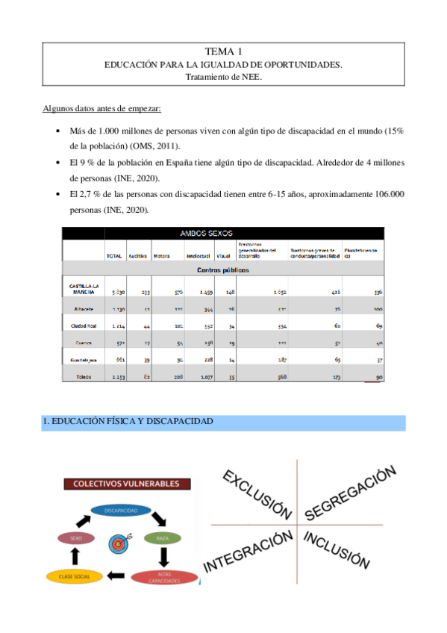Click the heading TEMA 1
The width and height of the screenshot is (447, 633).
coord(223,52)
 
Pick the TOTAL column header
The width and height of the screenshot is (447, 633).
coord(114,256)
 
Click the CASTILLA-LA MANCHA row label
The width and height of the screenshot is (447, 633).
coord(81,289)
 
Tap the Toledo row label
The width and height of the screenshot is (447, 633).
coord(84,377)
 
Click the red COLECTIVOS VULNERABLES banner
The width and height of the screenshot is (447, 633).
coord(126,484)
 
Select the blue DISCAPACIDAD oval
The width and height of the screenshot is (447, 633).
coord(119,511)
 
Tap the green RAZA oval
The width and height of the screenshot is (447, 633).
coord(162,537)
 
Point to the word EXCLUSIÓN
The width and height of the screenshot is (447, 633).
coord(257,493)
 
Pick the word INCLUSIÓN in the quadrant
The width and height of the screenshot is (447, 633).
coord(337,550)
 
